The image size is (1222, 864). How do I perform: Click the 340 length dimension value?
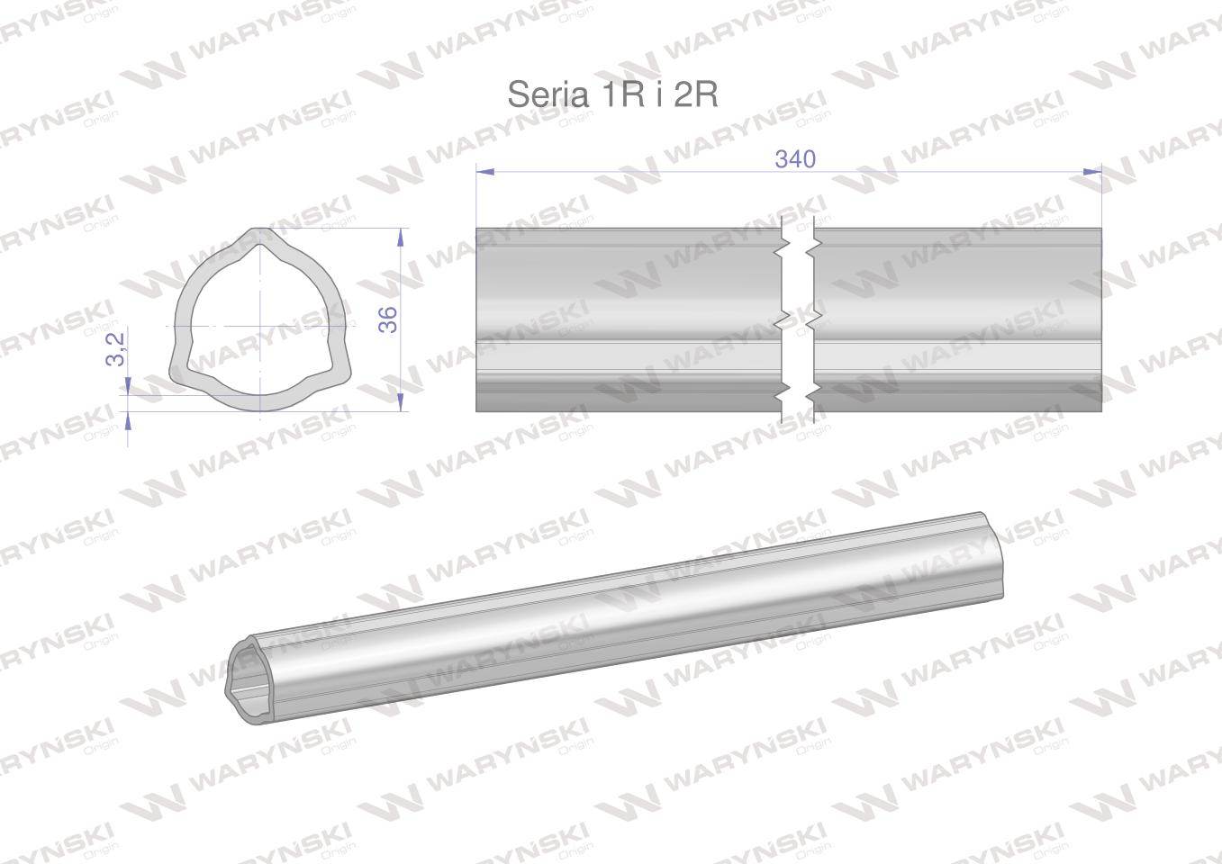(795, 159)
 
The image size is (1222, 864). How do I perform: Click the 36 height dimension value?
(388, 319)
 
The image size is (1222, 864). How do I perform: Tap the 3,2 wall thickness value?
(115, 346)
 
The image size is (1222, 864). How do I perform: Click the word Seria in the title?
(544, 94)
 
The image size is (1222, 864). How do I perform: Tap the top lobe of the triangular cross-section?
(259, 235)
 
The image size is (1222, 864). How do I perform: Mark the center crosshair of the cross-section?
(259, 325)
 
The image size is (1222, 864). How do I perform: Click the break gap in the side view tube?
(798, 319)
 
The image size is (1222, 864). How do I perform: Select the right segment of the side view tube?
(957, 319)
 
